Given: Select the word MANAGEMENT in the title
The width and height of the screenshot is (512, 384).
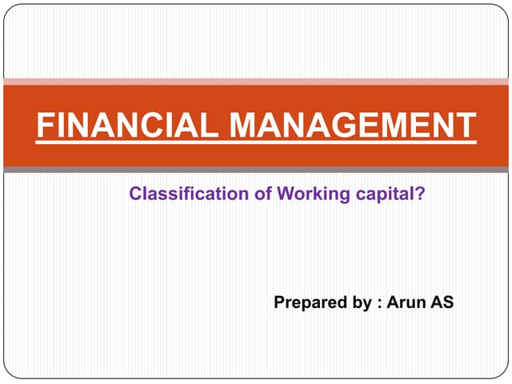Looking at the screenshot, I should pos(353,126).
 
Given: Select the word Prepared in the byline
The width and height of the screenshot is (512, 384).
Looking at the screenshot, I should pos(307,303).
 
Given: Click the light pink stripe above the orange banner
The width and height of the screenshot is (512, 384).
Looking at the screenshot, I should pos(256,81).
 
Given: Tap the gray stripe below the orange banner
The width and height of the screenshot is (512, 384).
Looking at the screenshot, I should pos(256,170).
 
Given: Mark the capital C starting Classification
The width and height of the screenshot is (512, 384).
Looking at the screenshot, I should pos(135,193).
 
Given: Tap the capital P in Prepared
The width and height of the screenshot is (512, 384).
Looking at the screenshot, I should pos(279,302).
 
